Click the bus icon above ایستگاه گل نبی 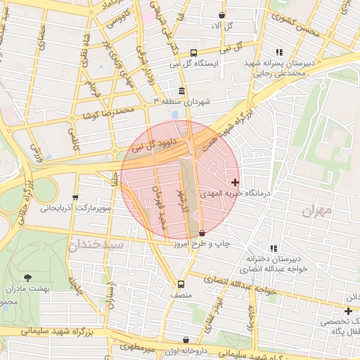coord(194,52)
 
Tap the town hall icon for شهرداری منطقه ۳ coord(182,91)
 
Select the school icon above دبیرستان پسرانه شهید coord(279,52)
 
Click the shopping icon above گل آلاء coord(222,15)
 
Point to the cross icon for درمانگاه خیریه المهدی coord(235,182)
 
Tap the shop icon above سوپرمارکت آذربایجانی coord(75,198)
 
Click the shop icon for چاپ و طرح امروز coord(202,233)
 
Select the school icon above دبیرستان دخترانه coord(274,247)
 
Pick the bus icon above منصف coord(181,285)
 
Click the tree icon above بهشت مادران coord(27,278)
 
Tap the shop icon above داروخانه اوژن coord(186,340)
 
